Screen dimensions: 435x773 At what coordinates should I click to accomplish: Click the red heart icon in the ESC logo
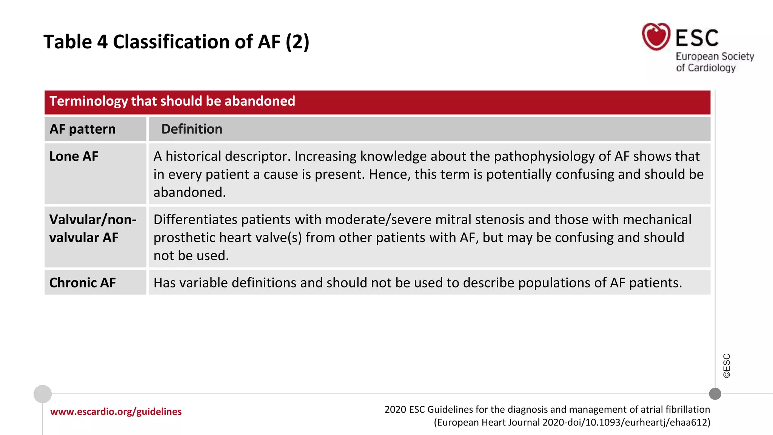click(x=656, y=37)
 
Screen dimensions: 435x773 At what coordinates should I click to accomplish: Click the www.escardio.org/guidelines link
click(x=116, y=412)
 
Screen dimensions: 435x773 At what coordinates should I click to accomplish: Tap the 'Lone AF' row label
click(x=74, y=156)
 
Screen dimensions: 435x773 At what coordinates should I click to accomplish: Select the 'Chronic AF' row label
click(x=83, y=283)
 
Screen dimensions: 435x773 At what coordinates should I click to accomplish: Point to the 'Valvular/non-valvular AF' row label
click(x=92, y=228)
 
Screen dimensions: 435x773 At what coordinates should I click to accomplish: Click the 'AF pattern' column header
click(x=83, y=129)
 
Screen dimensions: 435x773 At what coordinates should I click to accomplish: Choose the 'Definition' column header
click(x=192, y=129)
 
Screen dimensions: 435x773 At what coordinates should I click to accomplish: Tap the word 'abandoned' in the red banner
click(x=260, y=101)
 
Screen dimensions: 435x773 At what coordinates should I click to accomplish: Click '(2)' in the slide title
click(x=297, y=42)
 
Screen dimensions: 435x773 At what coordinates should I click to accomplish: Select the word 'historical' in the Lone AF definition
click(x=193, y=156)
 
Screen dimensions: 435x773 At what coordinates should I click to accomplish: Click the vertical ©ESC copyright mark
click(x=727, y=366)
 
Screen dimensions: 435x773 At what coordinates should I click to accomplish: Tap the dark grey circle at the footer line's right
click(x=715, y=394)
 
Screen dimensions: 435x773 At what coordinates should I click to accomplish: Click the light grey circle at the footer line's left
click(x=43, y=394)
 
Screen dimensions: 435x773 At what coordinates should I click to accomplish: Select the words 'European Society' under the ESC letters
click(x=715, y=57)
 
